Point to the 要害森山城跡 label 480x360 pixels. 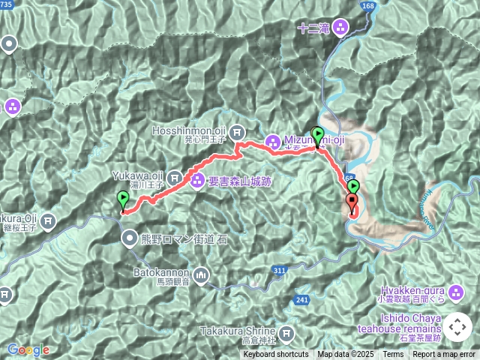(x=238, y=180)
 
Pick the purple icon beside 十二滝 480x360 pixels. (x=341, y=29)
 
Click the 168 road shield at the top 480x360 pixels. (x=367, y=6)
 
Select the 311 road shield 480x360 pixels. (x=280, y=270)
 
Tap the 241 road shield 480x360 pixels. (x=302, y=300)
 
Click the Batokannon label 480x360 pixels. (x=160, y=273)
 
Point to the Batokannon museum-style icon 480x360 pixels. (x=201, y=277)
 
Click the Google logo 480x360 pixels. (x=28, y=349)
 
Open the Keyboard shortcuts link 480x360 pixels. (x=275, y=355)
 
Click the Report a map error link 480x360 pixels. (x=444, y=355)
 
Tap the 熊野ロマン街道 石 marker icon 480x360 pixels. (x=130, y=239)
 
